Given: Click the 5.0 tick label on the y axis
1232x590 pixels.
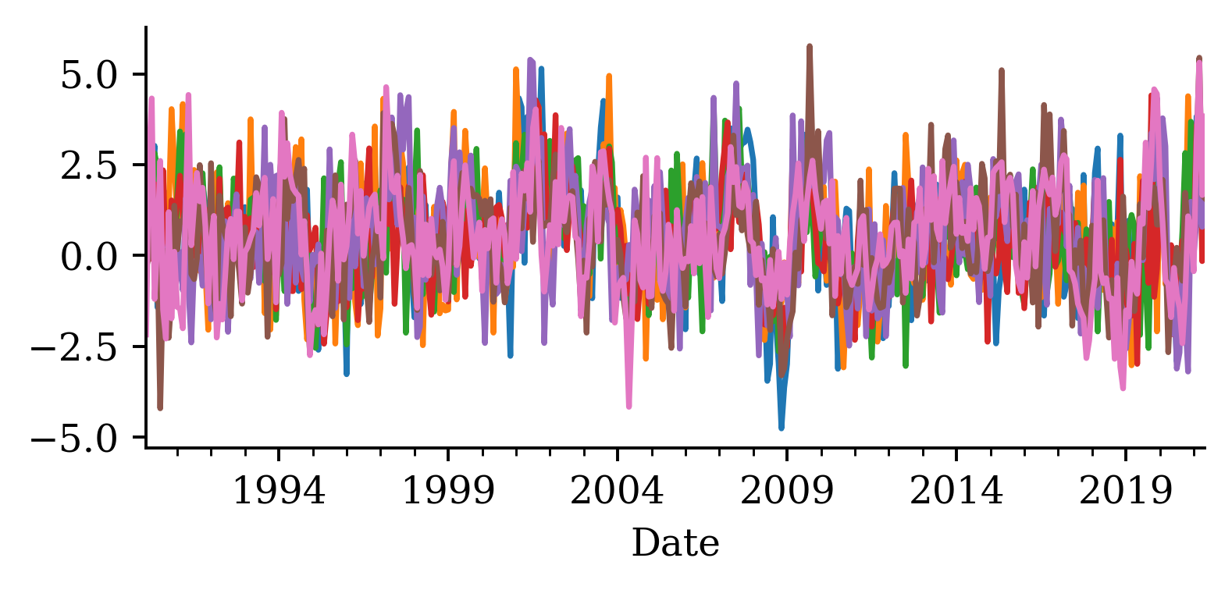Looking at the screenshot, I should pos(87,75).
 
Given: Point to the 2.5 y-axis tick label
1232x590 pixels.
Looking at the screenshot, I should pos(87,165).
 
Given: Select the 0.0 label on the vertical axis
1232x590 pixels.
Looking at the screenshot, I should pos(87,256).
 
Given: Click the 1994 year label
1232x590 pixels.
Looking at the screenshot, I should pos(279,492).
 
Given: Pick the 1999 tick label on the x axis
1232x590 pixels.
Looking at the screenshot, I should pos(448,492).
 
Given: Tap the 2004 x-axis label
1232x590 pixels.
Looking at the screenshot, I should pos(618,492).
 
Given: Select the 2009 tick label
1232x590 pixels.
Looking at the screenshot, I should pos(787,492).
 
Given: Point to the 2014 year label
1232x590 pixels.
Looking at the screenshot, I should pos(956,492).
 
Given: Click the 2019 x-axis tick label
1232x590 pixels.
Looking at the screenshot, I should pos(1126,492).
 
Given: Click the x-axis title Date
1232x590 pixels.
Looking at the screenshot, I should pos(675,543).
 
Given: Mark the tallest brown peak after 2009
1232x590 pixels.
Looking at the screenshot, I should pos(810,47).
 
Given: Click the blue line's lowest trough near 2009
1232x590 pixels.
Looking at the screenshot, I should pos(781,428).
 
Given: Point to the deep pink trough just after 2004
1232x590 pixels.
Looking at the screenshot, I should pos(628,406).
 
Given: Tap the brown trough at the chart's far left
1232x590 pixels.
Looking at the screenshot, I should pos(160,407).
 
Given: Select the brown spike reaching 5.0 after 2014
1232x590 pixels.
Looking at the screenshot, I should pos(1002,71).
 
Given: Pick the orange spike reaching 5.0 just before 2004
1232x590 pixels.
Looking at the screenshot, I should pos(609,76).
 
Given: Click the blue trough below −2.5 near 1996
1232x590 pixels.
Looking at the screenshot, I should pos(346,373).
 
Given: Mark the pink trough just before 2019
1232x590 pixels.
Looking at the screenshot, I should pos(1123,387).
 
